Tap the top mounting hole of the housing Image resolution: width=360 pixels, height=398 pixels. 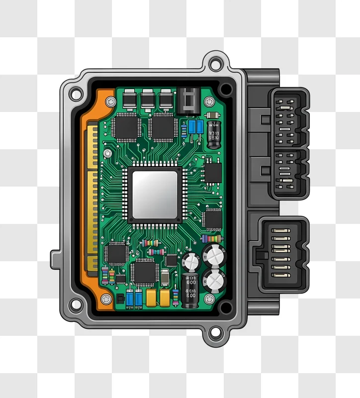[x=215, y=64]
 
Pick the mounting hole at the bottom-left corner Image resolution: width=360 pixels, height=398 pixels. [x=76, y=303]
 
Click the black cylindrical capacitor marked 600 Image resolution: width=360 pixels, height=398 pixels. [x=190, y=290]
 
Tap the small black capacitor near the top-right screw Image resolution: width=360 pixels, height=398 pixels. [x=214, y=133]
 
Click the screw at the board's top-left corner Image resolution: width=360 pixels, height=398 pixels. [x=111, y=101]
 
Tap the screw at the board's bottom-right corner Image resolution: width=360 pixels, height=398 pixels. [x=209, y=299]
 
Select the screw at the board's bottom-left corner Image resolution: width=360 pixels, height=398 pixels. [x=106, y=299]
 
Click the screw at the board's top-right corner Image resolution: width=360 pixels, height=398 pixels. [x=209, y=101]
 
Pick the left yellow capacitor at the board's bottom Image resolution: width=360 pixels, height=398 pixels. [x=151, y=298]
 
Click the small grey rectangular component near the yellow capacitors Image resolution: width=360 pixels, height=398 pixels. [x=165, y=277]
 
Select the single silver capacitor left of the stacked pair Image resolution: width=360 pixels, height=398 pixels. [x=190, y=261]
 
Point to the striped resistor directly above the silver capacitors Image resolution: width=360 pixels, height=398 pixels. [x=212, y=239]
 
